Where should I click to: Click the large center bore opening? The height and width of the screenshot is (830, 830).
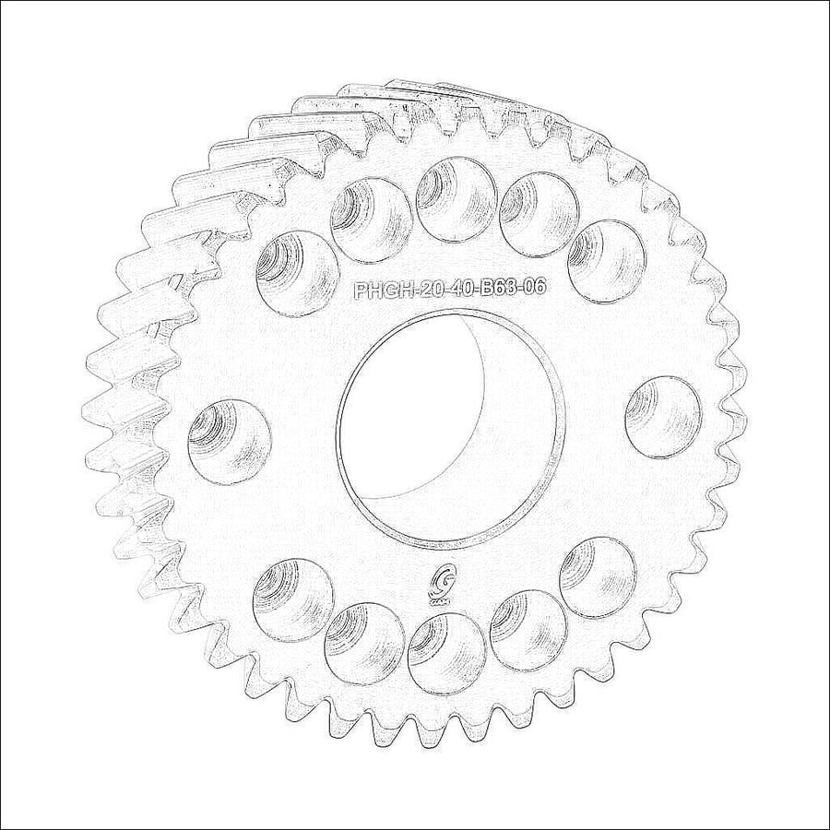point(448,427)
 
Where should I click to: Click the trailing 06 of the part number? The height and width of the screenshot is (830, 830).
point(535,288)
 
